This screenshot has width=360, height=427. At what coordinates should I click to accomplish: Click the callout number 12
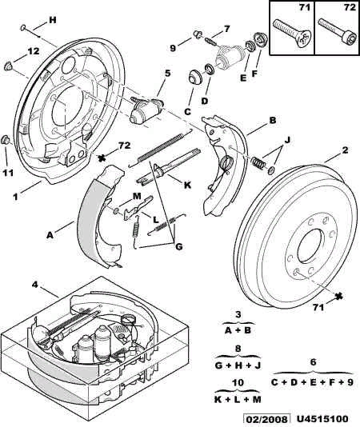click(x=32, y=51)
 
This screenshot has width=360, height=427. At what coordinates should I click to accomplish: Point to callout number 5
click(x=167, y=74)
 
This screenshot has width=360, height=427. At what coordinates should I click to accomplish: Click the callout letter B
click(x=273, y=120)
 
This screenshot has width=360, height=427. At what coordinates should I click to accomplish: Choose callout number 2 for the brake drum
click(x=345, y=150)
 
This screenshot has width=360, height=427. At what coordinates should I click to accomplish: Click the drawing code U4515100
click(x=330, y=418)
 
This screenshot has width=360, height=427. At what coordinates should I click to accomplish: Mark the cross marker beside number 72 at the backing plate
click(x=102, y=158)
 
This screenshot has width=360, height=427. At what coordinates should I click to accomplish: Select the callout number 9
click(x=171, y=46)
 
